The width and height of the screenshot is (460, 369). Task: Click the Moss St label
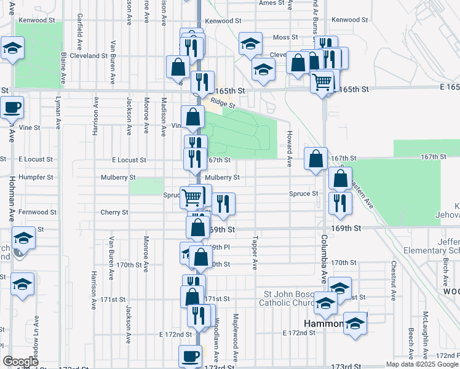click(285, 38)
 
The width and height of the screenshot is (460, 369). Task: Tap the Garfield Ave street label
click(80, 38)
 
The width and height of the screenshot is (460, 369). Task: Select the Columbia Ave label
click(323, 253)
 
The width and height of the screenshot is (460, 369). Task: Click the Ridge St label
click(219, 103)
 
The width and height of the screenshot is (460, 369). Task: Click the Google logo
click(20, 362)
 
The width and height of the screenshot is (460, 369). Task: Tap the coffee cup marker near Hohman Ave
click(12, 108)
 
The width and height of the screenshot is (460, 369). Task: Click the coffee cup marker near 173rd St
click(190, 355)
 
